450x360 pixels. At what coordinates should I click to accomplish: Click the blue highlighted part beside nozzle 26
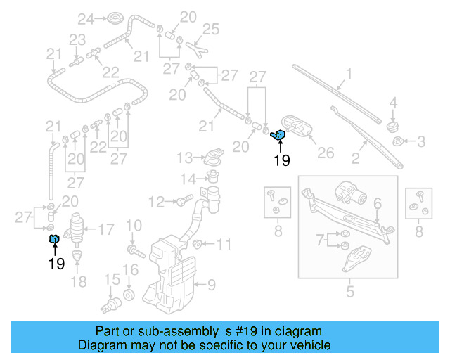278,135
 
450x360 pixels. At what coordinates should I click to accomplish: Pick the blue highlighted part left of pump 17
54,240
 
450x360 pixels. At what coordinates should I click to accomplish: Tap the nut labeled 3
399,142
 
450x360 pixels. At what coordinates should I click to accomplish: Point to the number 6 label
377,204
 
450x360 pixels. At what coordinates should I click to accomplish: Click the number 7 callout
321,240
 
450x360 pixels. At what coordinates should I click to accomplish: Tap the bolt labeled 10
133,250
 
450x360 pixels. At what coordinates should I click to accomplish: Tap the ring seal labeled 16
129,292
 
